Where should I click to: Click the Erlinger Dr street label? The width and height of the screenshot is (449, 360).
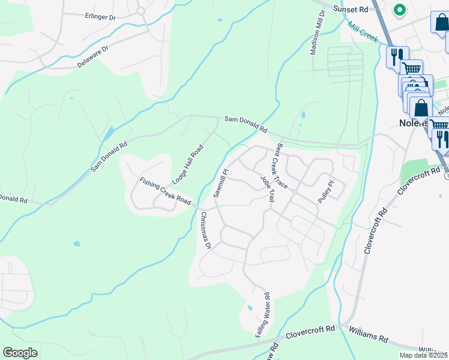[100, 17]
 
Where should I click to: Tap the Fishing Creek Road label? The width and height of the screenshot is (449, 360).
[165, 190]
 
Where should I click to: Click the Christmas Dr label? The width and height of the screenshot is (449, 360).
[206, 230]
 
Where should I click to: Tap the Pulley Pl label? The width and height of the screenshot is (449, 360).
[325, 191]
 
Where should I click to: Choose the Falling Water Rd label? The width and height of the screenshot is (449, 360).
[263, 314]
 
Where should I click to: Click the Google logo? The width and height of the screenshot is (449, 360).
[20, 353]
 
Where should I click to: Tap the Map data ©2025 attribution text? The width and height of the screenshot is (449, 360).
[423, 355]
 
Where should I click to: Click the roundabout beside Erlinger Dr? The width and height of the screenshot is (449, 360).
[142, 10]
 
